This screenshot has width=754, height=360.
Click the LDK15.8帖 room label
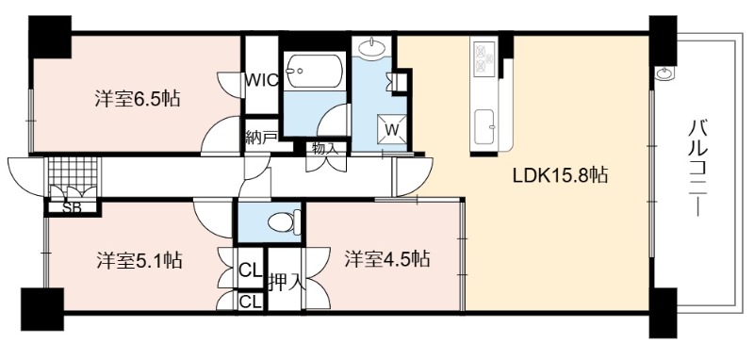pyautogui.click(x=560, y=175)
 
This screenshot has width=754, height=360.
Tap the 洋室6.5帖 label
pyautogui.click(x=138, y=99)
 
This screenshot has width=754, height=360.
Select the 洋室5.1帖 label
pyautogui.click(x=139, y=260)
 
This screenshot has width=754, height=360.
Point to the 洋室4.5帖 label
pyautogui.click(x=386, y=259)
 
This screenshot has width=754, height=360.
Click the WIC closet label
pyautogui.click(x=261, y=80)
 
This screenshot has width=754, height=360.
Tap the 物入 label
pyautogui.click(x=325, y=148)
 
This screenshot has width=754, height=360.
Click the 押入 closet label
pyautogui.click(x=287, y=282)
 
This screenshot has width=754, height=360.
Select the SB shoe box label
pyautogui.click(x=73, y=207)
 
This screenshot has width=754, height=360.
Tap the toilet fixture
pyautogui.click(x=284, y=222)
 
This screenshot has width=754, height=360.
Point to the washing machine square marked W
pyautogui.click(x=392, y=129)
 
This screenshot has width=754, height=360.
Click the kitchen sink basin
pyautogui.click(x=484, y=127)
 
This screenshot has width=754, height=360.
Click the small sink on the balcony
pyautogui.click(x=665, y=74)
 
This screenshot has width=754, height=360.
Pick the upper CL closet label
pyautogui.click(x=250, y=270)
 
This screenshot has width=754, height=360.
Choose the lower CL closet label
pyautogui.click(x=250, y=302)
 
